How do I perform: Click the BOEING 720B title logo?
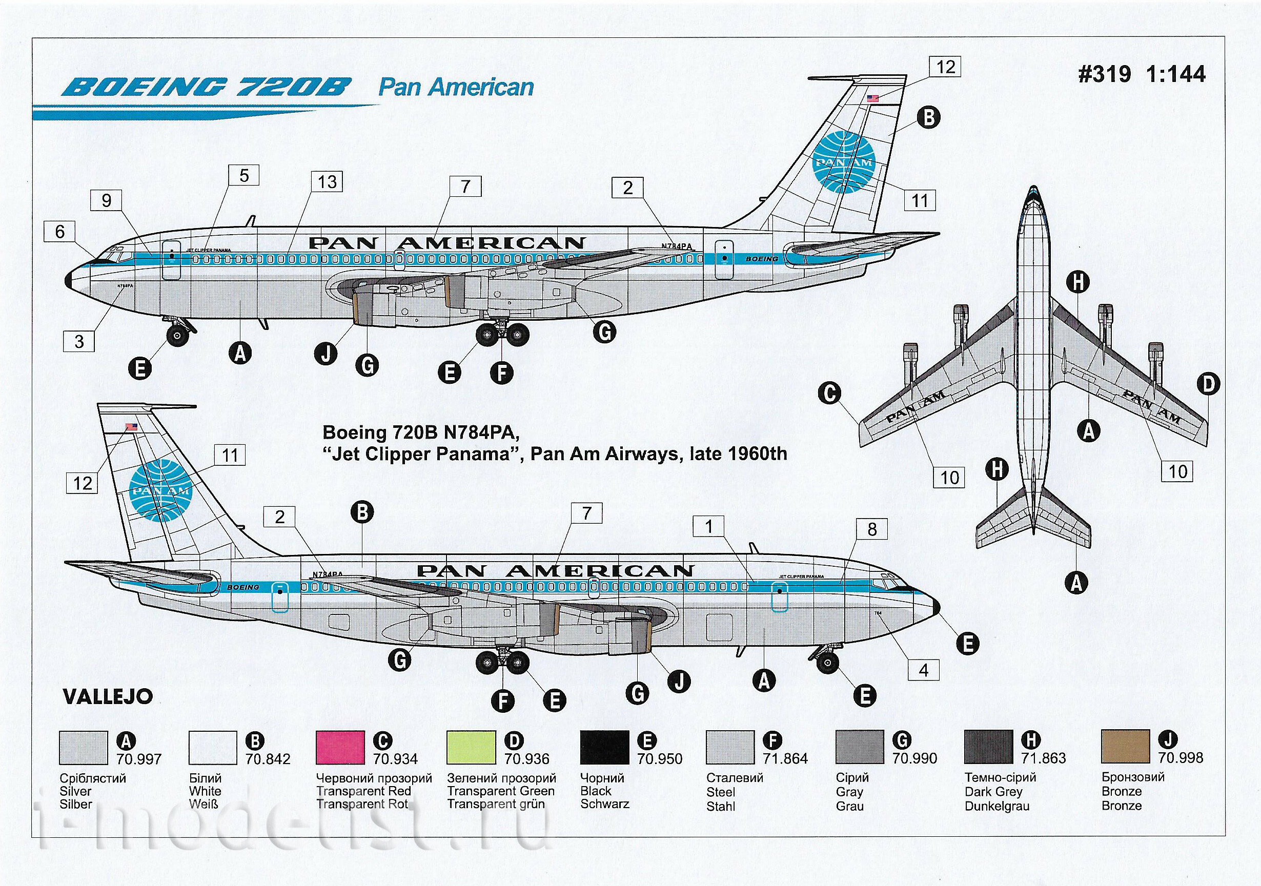[x=206, y=87]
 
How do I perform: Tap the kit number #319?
[x=1105, y=75]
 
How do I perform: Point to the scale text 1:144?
[x=1175, y=75]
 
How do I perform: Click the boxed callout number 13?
[x=328, y=182]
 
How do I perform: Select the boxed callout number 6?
[x=60, y=232]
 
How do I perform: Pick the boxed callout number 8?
[x=871, y=529]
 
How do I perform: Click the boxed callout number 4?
[x=924, y=670]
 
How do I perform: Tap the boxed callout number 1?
[x=709, y=527]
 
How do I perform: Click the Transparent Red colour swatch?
[x=340, y=747]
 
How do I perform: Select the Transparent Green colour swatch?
[x=471, y=747]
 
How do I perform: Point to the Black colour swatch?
[x=605, y=747]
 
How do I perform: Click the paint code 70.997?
[x=139, y=759]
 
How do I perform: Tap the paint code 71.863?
[x=1043, y=758]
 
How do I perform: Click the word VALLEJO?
[x=108, y=696]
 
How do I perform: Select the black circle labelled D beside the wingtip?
[x=1208, y=384]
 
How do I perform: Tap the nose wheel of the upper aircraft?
[x=177, y=336]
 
